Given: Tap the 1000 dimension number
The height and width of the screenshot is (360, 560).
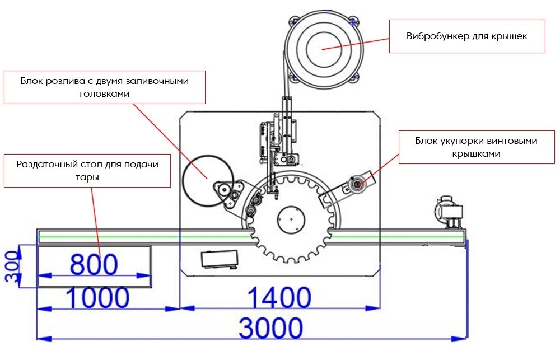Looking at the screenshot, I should click(x=98, y=298).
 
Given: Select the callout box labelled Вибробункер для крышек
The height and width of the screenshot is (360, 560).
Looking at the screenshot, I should click(x=467, y=36).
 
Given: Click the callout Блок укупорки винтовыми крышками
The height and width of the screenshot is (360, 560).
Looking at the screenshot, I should click(x=476, y=147).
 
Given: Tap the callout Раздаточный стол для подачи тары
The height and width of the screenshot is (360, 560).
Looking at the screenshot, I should click(x=87, y=170).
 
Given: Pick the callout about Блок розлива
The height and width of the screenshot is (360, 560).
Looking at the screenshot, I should click(x=105, y=87).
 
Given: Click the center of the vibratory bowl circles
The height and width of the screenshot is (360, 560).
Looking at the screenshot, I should click(x=323, y=49).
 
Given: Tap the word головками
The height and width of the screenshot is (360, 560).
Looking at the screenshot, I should click(x=106, y=93).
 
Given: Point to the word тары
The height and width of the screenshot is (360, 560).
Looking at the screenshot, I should click(x=87, y=176).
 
